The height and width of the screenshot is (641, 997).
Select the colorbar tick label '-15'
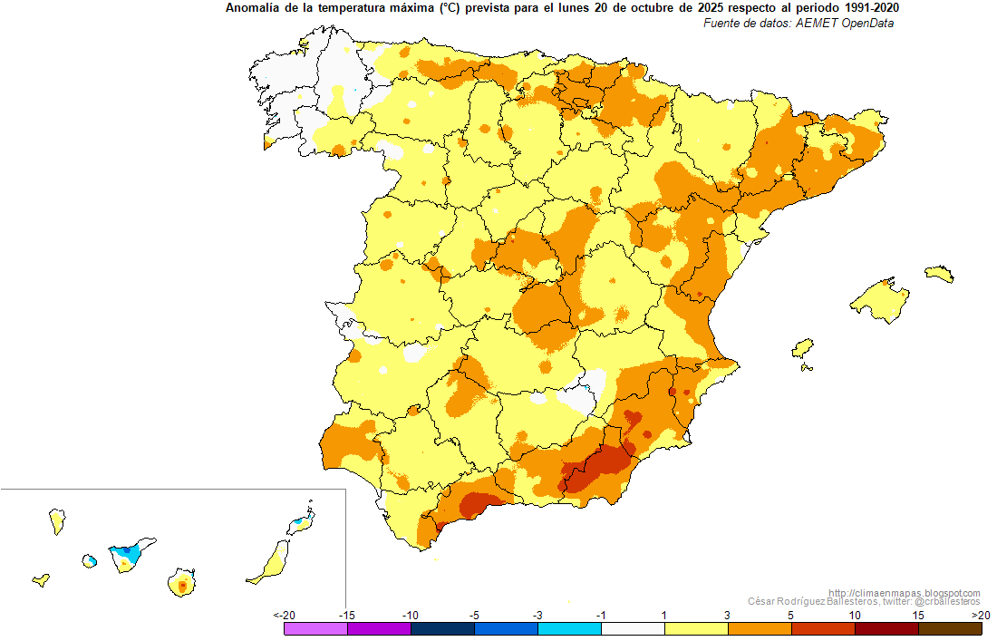coord(346,616)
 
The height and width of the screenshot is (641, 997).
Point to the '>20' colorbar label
coord(981,616)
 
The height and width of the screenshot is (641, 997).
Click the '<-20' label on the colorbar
coord(285,616)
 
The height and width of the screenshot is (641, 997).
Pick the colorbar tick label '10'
coord(855,616)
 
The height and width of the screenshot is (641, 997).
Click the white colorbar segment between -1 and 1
coord(633,629)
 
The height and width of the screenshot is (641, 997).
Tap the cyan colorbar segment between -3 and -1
coord(569,629)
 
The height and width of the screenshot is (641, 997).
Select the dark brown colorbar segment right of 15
coord(950,629)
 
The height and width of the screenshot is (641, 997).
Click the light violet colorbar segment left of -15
coord(316,629)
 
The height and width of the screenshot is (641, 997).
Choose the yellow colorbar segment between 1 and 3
coord(696,629)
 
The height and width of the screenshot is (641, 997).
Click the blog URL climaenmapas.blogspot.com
coord(905,593)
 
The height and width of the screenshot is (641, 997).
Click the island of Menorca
coord(939,274)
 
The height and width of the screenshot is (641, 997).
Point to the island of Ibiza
coord(802,348)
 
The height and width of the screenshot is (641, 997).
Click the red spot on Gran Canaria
coord(182,585)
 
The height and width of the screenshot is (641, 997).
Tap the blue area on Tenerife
coord(127,553)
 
